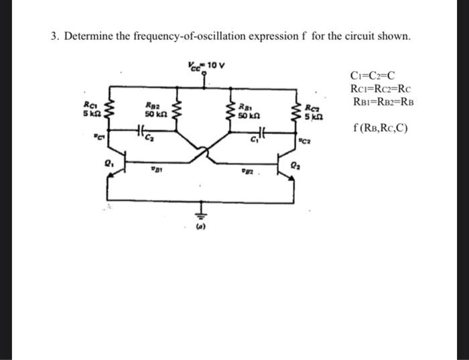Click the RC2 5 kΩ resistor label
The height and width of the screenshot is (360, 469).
tap(313, 111)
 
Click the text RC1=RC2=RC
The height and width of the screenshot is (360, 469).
tap(381, 89)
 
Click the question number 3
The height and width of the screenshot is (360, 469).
tap(54, 36)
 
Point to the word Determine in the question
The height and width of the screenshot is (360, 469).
tap(89, 36)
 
